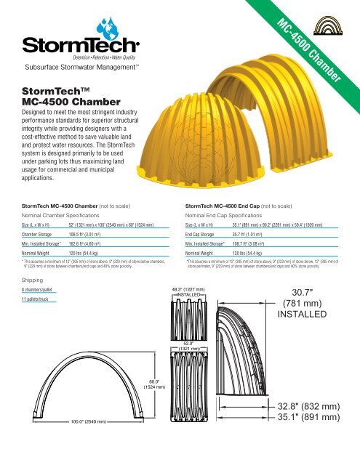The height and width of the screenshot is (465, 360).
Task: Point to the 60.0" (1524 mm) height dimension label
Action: tap(158, 383)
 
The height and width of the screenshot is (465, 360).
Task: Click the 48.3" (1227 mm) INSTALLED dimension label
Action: tap(193, 291)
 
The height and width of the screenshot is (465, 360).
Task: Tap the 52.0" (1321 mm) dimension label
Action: tap(193, 345)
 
